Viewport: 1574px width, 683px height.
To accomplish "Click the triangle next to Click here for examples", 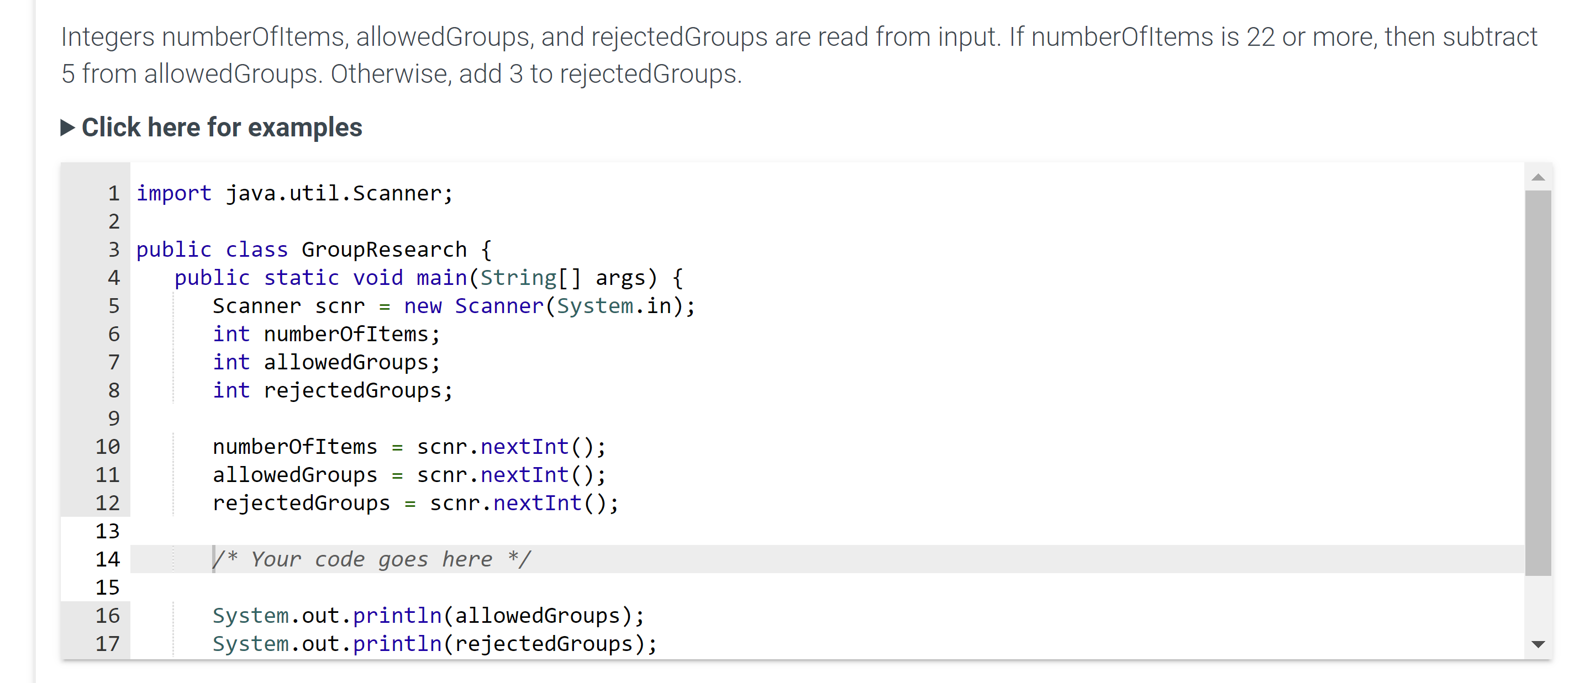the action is tap(68, 128).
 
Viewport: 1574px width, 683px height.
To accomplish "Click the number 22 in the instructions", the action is tap(1261, 36).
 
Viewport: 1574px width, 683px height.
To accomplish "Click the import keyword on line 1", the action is tap(173, 194).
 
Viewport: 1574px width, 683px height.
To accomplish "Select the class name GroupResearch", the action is tap(384, 250).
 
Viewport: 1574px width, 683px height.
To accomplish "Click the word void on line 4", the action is tap(377, 278).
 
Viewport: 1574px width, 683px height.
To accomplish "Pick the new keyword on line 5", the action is tap(422, 306).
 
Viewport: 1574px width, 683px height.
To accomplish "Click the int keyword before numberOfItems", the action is tap(231, 334).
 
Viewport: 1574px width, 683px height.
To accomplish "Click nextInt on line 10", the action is tap(524, 447).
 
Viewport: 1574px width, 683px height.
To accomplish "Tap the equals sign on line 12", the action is tap(409, 504).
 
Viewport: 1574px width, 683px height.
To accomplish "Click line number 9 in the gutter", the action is tap(114, 419).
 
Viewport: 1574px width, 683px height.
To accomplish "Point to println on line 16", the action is tap(397, 616).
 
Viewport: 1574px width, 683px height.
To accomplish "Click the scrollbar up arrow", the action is tap(1538, 178).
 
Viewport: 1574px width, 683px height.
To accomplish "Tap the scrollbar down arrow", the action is tap(1538, 644).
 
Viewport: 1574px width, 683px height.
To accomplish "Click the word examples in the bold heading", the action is tap(305, 128).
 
